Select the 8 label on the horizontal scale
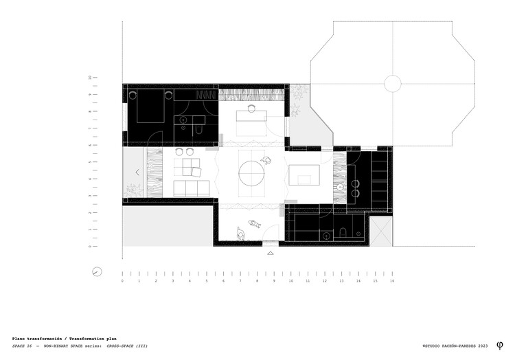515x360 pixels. pyautogui.click(x=257, y=281)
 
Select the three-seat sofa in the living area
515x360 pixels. pyautogui.click(x=192, y=188)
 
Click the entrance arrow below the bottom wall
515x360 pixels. pyautogui.click(x=272, y=252)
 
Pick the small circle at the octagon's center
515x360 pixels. pyautogui.click(x=393, y=84)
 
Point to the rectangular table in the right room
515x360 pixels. pyautogui.click(x=304, y=175)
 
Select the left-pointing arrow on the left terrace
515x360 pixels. pyautogui.click(x=137, y=172)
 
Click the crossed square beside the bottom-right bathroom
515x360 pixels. pyautogui.click(x=381, y=229)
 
